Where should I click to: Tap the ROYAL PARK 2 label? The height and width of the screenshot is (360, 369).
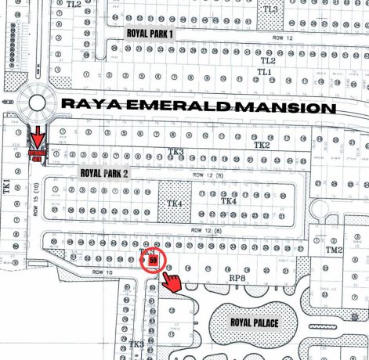103,173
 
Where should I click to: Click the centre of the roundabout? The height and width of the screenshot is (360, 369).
36,102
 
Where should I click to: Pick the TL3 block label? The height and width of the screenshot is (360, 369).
270,9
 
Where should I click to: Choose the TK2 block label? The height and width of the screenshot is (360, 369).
261,146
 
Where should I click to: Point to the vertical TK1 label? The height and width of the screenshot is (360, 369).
6,187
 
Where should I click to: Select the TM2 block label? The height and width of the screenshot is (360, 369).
335,250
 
